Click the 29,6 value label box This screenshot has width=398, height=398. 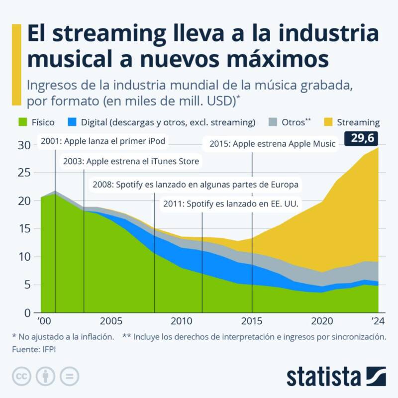[x=362, y=138]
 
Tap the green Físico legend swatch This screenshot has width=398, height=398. [x=21, y=122]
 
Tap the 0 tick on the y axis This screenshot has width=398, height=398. [x=28, y=313]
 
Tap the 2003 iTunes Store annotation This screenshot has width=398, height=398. [x=130, y=161]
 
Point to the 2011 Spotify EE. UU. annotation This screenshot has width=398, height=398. [x=233, y=204]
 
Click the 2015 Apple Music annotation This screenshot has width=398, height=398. [x=272, y=144]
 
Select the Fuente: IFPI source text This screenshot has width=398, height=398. [x=33, y=350]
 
